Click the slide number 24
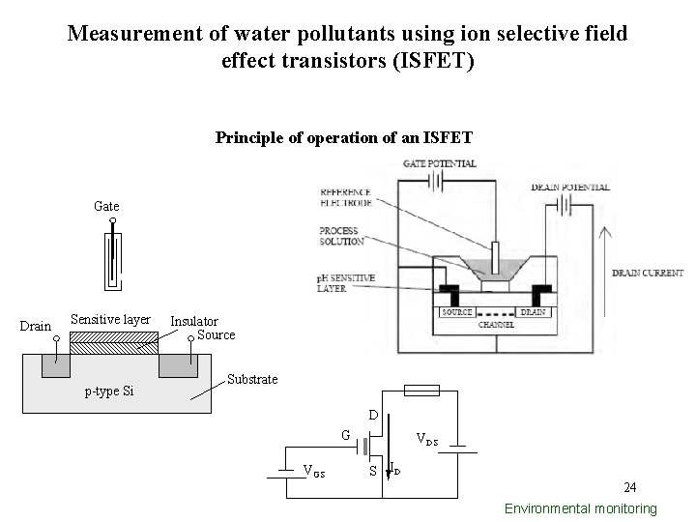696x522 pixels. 629,486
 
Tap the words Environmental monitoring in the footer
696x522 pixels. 581,508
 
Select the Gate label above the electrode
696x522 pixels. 106,206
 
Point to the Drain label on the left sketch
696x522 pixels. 36,326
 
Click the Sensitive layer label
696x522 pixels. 110,319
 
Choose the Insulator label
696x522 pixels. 194,321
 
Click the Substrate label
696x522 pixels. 252,379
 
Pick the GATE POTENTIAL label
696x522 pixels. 440,164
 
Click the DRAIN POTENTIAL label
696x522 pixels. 570,187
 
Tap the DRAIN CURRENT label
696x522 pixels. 647,273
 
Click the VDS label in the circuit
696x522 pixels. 425,440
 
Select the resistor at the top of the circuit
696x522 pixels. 420,390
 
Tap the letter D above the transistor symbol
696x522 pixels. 372,416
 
